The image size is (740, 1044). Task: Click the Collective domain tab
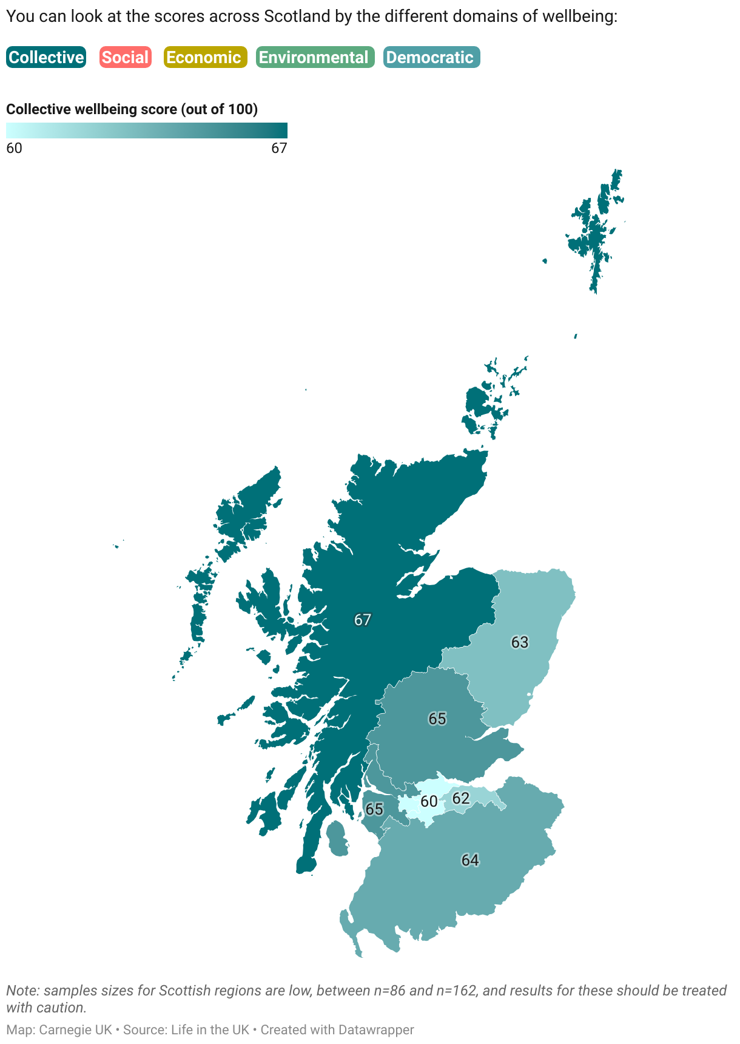coord(46,58)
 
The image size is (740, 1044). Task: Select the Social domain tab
coord(125,58)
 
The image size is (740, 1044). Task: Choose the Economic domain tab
coord(205,58)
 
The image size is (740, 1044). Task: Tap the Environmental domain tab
coord(315,58)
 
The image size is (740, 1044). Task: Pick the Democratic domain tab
coord(431,58)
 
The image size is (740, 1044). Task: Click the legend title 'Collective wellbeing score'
coord(132,109)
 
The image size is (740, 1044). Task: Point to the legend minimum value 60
coord(14,148)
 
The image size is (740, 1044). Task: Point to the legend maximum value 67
coord(279,148)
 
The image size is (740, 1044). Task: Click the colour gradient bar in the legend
coord(146,130)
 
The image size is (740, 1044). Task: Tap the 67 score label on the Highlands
coord(363,620)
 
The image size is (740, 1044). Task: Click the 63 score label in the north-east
coord(520,642)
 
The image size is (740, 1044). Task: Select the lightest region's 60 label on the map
coord(429,801)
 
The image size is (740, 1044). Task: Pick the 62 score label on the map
coord(461,798)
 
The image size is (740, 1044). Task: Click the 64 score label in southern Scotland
coord(470,860)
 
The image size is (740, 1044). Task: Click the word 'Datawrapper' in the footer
coord(376,1030)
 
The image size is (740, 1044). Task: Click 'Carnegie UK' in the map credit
coord(75,1030)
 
